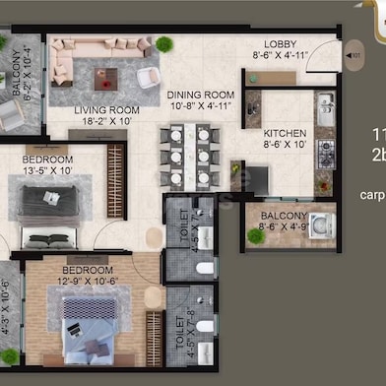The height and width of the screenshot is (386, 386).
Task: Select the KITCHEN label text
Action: click(x=285, y=133)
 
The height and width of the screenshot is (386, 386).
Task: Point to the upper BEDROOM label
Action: click(x=47, y=160)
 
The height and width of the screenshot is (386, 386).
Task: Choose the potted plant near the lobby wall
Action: click(x=163, y=43)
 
